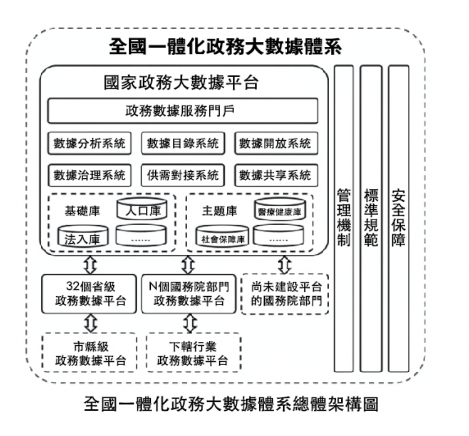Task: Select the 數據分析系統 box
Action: (89, 144)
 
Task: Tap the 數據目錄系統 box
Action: (182, 144)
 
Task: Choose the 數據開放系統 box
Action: (276, 144)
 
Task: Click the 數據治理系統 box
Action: (89, 176)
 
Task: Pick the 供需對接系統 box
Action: (182, 176)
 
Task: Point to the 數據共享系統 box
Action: (276, 176)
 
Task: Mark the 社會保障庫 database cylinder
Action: (222, 238)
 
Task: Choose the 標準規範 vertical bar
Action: (371, 218)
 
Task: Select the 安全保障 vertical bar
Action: (398, 218)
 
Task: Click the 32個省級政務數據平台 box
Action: (89, 294)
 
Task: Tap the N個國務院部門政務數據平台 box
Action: (188, 294)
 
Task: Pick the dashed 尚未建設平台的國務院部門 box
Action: (285, 294)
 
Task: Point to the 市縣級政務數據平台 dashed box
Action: (89, 353)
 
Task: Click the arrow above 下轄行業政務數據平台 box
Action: (189, 323)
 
